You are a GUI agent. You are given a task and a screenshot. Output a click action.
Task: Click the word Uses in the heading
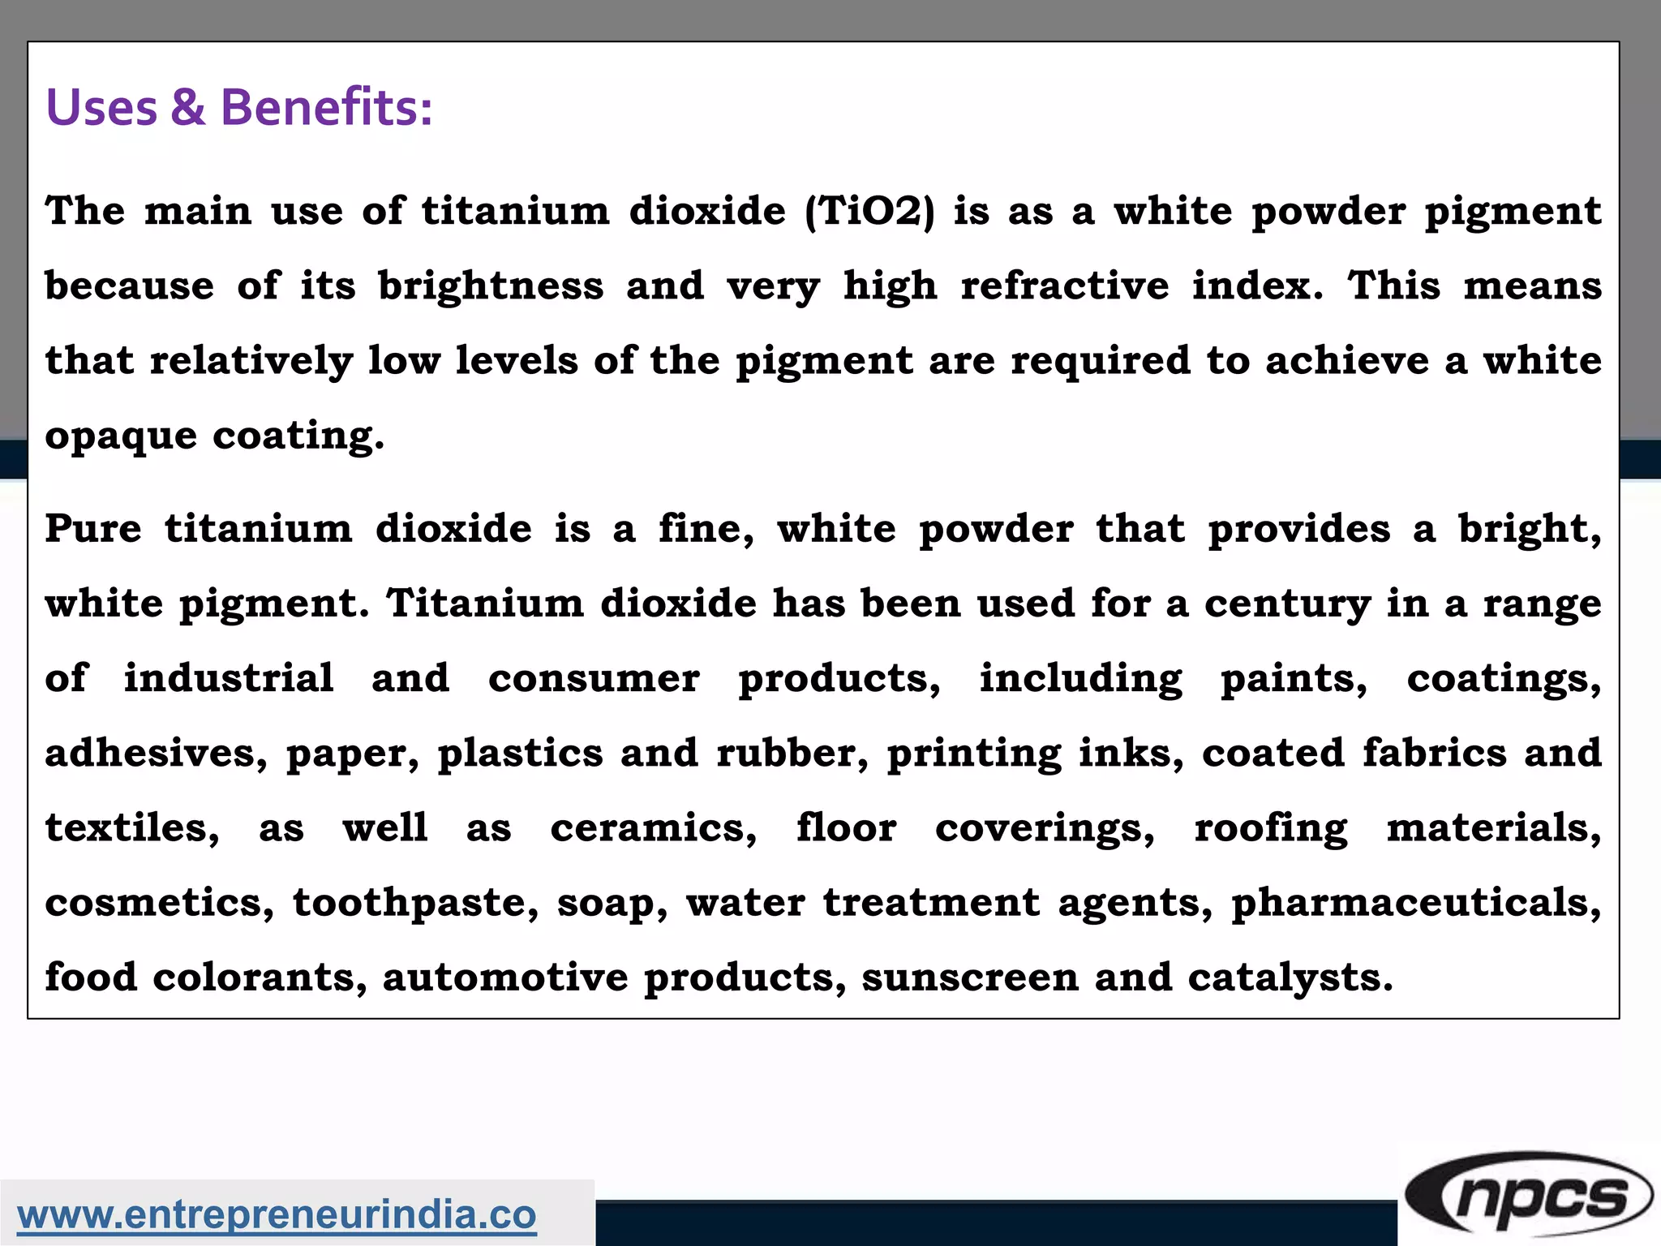(x=101, y=107)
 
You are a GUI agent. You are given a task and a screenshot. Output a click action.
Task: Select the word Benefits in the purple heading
(x=326, y=107)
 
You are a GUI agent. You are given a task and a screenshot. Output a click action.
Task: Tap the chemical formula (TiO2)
(x=869, y=212)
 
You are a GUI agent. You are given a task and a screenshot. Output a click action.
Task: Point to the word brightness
(x=491, y=286)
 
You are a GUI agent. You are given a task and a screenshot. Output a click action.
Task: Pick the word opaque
(x=121, y=437)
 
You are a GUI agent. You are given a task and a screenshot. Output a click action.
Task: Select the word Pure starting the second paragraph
(x=93, y=529)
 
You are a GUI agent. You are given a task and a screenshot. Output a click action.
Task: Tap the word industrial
(x=229, y=678)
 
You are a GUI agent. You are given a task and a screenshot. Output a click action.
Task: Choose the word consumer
(x=594, y=678)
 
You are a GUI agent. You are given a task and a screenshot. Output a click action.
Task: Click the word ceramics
(x=654, y=828)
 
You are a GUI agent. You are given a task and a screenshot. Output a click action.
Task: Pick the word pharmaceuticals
(x=1416, y=903)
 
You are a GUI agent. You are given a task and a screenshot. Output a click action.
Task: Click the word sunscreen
(x=970, y=977)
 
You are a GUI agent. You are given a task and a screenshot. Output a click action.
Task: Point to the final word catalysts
(x=1290, y=978)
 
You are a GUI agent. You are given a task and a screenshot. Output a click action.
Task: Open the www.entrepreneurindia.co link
(x=277, y=1215)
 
